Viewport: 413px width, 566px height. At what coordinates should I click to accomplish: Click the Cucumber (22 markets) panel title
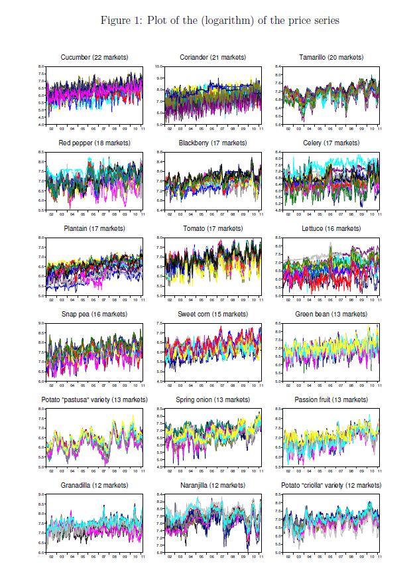pos(93,58)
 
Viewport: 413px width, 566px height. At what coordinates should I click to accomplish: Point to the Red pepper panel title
pos(93,143)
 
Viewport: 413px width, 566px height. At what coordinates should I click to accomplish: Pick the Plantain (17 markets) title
pos(93,229)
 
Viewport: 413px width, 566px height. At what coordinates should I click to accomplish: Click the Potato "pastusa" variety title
pos(93,400)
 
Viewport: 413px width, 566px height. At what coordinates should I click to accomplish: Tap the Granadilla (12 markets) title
pos(93,486)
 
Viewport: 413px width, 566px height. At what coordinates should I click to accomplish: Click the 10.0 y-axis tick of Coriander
pos(159,67)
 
